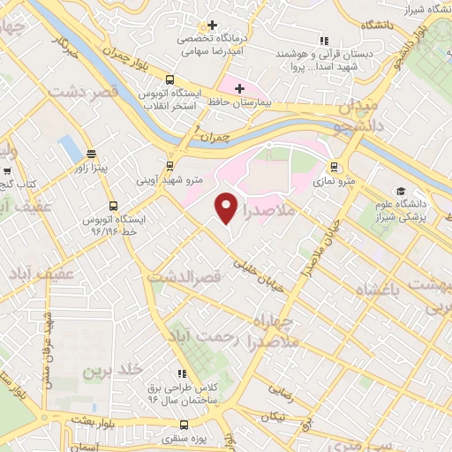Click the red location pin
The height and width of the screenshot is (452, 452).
pos(227,207)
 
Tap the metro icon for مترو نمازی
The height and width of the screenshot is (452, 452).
pos(334,166)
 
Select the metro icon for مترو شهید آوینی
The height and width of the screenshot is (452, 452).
pos(170,165)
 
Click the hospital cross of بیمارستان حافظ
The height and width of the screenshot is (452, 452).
pos(239,87)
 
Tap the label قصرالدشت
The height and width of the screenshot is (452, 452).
pos(183,277)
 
